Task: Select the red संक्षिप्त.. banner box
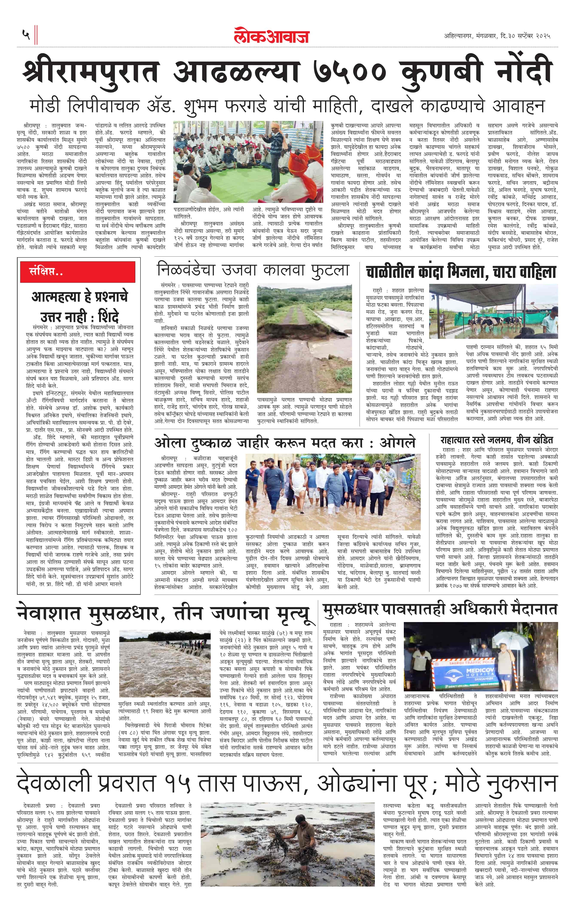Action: tap(78, 271)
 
